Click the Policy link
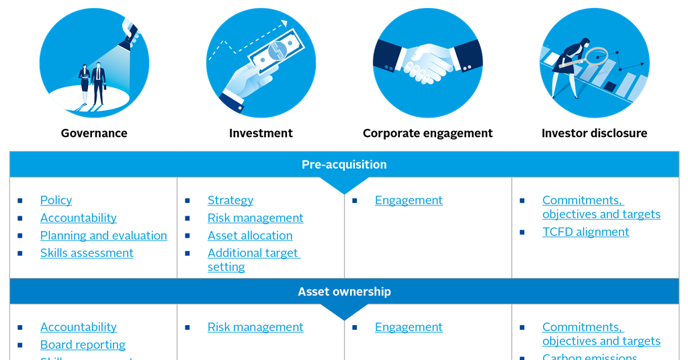click(56, 200)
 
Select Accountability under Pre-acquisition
click(78, 218)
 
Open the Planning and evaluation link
click(103, 236)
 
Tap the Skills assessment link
click(87, 253)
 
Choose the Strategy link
click(230, 200)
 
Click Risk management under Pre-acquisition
click(255, 218)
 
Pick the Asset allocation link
click(250, 236)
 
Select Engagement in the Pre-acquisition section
click(408, 200)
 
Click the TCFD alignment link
click(586, 232)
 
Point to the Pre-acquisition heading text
click(344, 165)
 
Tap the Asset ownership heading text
click(344, 292)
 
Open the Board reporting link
click(83, 345)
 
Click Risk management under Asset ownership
click(255, 327)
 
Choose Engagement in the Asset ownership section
click(408, 327)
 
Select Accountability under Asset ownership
click(78, 327)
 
